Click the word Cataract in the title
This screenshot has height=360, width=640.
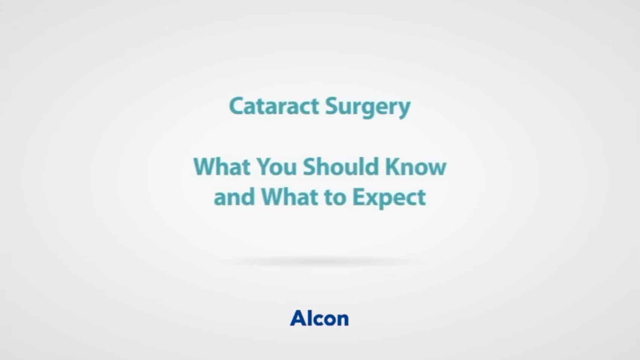click(274, 106)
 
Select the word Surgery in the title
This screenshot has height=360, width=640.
click(368, 107)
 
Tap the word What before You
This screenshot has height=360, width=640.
click(222, 166)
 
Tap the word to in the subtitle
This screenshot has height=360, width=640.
click(335, 197)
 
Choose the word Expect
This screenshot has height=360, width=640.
click(389, 198)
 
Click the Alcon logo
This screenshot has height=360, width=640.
click(319, 318)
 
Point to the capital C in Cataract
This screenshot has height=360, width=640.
click(237, 106)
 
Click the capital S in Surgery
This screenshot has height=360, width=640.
click(332, 106)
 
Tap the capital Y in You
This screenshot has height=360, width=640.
click(265, 166)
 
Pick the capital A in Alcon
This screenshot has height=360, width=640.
click(299, 318)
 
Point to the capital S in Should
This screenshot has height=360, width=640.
click(310, 166)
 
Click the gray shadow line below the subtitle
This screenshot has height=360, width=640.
click(320, 261)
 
